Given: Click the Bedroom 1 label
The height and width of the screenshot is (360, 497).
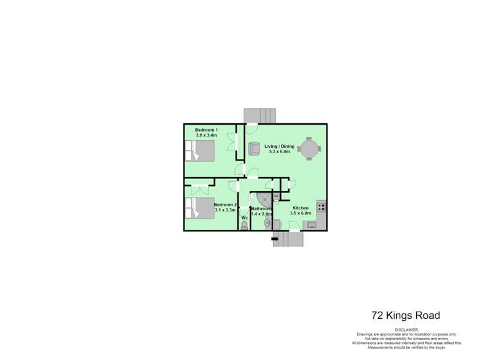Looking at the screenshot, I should tap(206, 129).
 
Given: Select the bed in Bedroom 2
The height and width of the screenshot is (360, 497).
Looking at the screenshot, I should tap(201, 209).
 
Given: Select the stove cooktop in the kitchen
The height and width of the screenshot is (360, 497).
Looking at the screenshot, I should tap(321, 207).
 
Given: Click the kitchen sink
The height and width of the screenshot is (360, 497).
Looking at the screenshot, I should tap(311, 226).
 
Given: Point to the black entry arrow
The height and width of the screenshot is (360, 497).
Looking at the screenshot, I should tap(276, 241).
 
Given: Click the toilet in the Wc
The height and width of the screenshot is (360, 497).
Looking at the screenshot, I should tap(245, 225).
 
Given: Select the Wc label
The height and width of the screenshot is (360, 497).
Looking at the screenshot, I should tap(245, 217).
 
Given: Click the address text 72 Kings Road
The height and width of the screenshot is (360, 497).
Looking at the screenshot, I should tap(404, 316).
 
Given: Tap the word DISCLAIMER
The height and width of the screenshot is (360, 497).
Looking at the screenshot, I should tap(407, 329).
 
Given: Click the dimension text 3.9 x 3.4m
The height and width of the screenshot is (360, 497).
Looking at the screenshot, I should tap(206, 135).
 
